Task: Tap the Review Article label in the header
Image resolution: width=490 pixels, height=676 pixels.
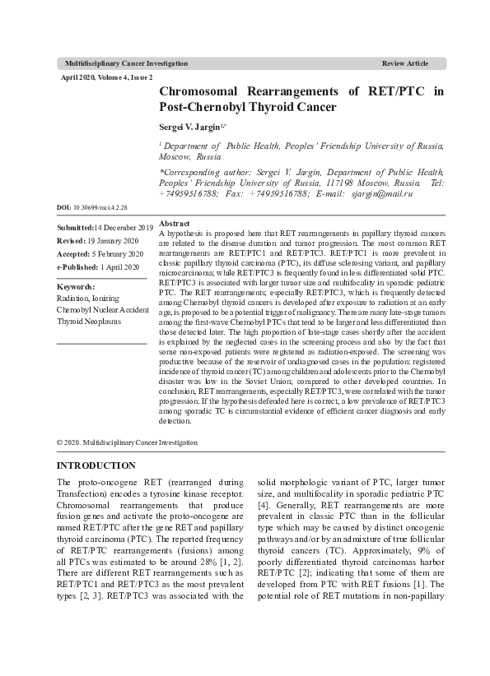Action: (405, 63)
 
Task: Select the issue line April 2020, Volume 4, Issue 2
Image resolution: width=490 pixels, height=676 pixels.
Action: (107, 76)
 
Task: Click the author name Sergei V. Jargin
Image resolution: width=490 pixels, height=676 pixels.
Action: (190, 128)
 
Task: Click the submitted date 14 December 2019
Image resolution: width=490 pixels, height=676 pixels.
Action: (124, 226)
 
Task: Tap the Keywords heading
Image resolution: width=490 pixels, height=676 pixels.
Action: (76, 287)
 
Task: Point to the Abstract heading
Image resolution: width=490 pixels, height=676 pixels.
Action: (175, 224)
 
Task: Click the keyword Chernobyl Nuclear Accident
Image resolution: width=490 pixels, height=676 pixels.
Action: (102, 310)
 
